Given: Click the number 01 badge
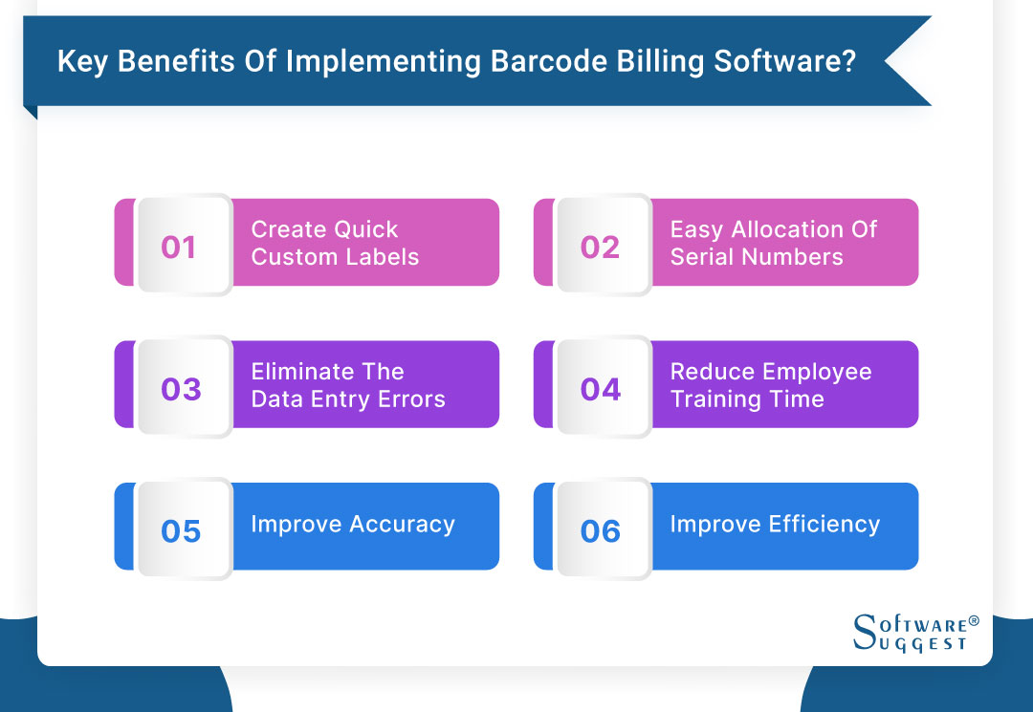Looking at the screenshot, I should pos(179,247).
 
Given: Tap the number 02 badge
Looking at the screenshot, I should pos(600,247).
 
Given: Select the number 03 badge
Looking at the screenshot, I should pos(181,389).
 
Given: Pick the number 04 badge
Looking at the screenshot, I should pos(600,389).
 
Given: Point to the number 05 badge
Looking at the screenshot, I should pos(181,530).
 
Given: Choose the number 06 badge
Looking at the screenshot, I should pos(600,530).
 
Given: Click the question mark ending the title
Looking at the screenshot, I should pos(847,61).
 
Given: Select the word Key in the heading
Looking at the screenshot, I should pos(78,61).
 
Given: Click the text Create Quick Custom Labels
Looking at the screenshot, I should pos(335,243).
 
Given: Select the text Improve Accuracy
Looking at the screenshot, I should pos(353,524).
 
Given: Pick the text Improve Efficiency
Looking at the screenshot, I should pos(775,524).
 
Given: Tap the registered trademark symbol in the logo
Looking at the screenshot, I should pos(974,620).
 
